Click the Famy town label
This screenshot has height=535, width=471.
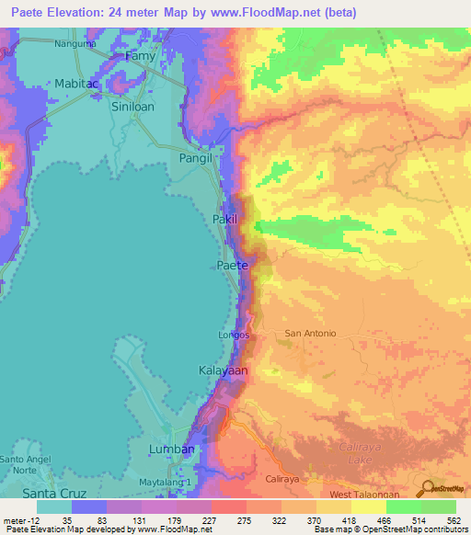141,56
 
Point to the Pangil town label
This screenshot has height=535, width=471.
195,158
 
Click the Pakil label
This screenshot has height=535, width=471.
224,220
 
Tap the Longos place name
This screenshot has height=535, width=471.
234,336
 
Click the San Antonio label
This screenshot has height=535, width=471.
310,333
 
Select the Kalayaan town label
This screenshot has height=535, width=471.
223,370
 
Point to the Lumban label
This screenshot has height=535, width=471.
172,449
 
